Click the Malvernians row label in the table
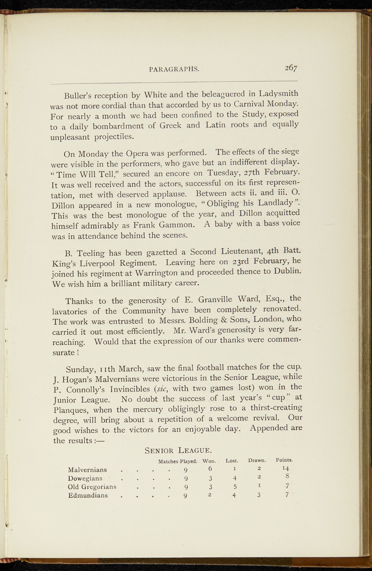87,470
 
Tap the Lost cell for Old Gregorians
235,487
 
